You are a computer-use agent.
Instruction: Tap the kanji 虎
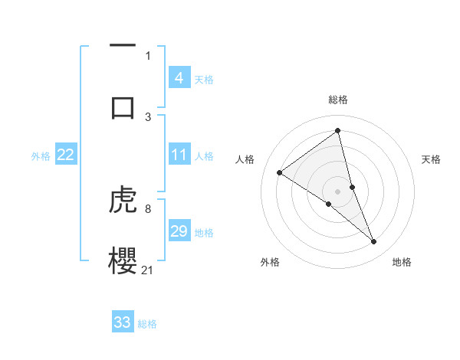(123, 201)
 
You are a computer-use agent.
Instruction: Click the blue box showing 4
(179, 78)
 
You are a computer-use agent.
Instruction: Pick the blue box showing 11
(179, 155)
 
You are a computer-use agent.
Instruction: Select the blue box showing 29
(179, 231)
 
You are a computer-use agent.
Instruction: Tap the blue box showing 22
(66, 155)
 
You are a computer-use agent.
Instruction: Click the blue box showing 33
(123, 322)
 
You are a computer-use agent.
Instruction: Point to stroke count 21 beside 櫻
(148, 270)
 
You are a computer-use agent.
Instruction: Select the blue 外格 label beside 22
(41, 156)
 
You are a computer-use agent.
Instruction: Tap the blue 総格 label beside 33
(147, 323)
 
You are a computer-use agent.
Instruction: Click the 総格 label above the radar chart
(338, 100)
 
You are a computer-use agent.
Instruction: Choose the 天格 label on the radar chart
(432, 159)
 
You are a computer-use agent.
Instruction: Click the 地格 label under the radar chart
(402, 262)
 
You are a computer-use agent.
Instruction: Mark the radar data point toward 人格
(280, 173)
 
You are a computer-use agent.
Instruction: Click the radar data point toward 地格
(374, 242)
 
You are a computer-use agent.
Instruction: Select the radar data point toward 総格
(338, 131)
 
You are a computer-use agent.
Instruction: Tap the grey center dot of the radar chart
(338, 191)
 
